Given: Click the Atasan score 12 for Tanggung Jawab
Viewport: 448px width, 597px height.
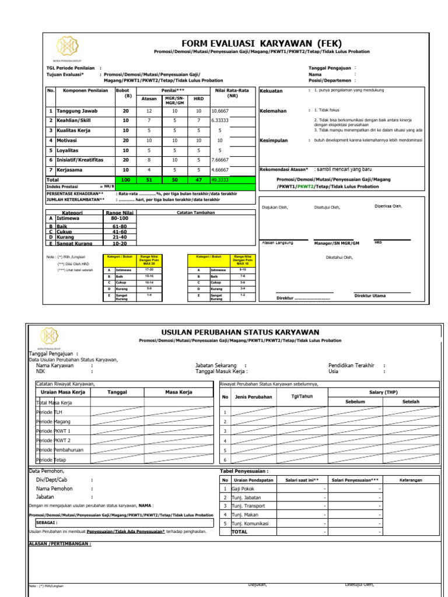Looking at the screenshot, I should pyautogui.click(x=149, y=111).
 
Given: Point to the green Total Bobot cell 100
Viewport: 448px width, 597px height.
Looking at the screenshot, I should pyautogui.click(x=125, y=180).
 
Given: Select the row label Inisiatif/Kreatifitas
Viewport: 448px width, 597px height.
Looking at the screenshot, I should pyautogui.click(x=80, y=160).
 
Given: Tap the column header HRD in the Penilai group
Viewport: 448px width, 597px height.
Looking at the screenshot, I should pyautogui.click(x=198, y=99).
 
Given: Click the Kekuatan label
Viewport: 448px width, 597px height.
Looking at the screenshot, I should pyautogui.click(x=271, y=91).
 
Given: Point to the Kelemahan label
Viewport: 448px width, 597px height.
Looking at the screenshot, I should pyautogui.click(x=273, y=111).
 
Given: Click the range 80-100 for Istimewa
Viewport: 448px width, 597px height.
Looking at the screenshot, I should pyautogui.click(x=119, y=218).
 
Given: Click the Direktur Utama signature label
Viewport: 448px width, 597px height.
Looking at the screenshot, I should pyautogui.click(x=370, y=296).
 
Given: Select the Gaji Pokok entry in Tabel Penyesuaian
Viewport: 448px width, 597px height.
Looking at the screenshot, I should pyautogui.click(x=243, y=489).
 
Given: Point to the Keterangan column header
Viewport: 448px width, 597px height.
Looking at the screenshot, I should pyautogui.click(x=411, y=480).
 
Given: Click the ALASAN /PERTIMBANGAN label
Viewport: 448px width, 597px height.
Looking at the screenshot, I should pyautogui.click(x=60, y=543).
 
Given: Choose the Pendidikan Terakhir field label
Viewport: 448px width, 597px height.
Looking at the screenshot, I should pyautogui.click(x=351, y=366).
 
